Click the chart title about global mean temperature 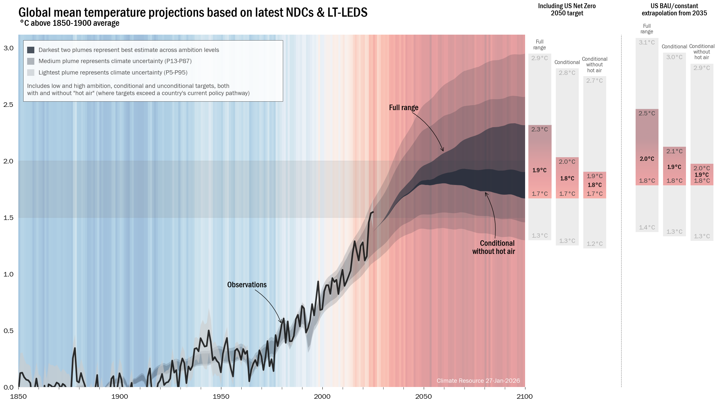coord(193,12)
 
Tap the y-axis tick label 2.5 coord(9,105)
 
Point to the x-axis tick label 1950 coord(221,396)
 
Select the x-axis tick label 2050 coord(423,396)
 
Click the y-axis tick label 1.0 coord(9,274)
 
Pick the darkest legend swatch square coord(31,50)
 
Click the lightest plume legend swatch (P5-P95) coord(31,73)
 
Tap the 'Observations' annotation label coord(247,285)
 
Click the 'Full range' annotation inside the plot coord(403,108)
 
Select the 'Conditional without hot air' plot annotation coord(494,247)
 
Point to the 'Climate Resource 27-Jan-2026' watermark coord(478,380)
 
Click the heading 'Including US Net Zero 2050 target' coord(567,9)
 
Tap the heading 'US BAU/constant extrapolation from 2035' coord(674,9)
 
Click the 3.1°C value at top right coord(647,42)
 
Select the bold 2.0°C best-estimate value coord(647,159)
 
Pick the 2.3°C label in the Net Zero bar coord(539,129)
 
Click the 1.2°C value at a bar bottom coord(594,244)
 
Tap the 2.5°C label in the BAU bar coord(647,113)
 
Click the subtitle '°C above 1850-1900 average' coord(70,23)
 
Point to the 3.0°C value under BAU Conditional coord(674,57)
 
